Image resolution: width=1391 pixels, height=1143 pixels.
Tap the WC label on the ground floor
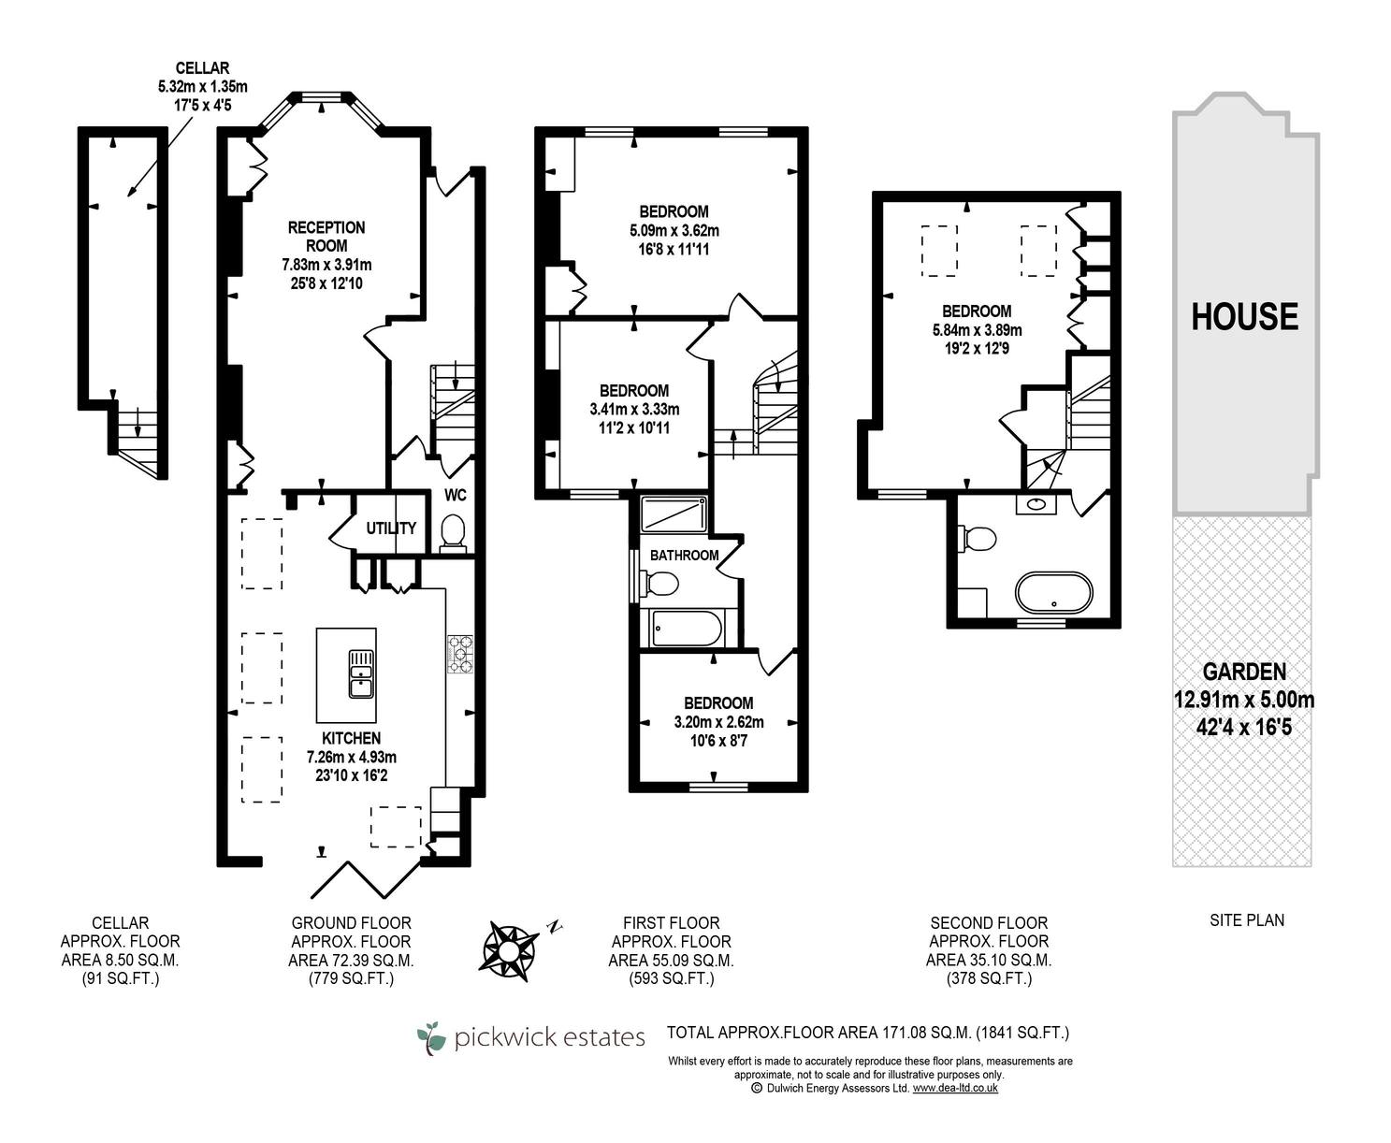click(456, 495)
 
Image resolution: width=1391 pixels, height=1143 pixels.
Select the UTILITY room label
click(391, 528)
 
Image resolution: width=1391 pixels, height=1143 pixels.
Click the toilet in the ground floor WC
click(453, 533)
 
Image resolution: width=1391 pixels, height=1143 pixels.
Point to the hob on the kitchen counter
click(460, 654)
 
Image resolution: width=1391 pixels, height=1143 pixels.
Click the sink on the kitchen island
click(361, 673)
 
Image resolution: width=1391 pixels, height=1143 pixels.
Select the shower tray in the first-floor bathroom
click(674, 514)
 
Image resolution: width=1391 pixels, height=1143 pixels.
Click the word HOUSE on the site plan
click(1244, 316)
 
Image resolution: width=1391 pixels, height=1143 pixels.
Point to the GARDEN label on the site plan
click(1244, 673)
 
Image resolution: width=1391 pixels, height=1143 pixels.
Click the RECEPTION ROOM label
click(326, 237)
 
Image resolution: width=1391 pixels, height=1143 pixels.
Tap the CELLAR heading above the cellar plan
click(202, 68)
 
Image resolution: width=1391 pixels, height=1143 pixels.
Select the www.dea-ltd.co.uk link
click(955, 1088)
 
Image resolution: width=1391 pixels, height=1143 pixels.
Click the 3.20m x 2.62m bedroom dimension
click(719, 722)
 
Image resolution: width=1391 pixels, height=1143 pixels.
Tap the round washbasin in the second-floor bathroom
click(1036, 504)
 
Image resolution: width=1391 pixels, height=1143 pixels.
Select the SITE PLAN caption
click(1247, 920)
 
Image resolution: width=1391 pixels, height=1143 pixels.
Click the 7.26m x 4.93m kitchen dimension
click(352, 757)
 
